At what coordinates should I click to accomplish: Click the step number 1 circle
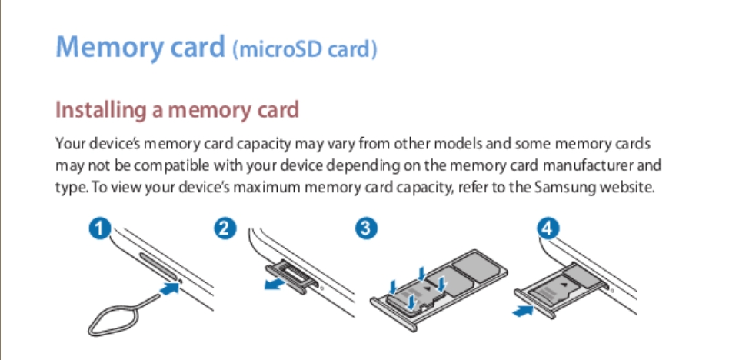click(100, 229)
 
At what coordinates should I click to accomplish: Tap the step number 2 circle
click(225, 229)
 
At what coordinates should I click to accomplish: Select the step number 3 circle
click(366, 229)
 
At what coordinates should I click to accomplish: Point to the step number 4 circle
click(548, 229)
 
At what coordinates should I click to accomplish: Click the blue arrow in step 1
click(170, 288)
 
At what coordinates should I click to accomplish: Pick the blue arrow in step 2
click(275, 285)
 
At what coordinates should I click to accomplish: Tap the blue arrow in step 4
click(523, 310)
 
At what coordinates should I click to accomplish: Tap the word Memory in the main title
click(110, 48)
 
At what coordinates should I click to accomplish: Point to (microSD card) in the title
click(305, 50)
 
